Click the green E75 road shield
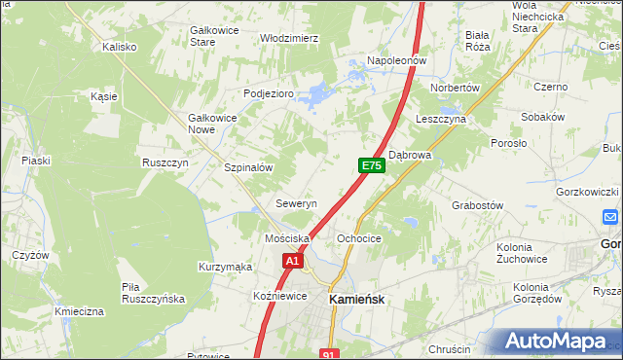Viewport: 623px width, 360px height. point(371,165)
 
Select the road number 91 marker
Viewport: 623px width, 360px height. point(329,354)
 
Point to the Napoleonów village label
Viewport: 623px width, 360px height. point(397,60)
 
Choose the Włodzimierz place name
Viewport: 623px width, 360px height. point(289,38)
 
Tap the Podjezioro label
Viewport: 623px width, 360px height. point(268,93)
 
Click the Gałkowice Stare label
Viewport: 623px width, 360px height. point(215,36)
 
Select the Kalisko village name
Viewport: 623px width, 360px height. point(119,46)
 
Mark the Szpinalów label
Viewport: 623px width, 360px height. point(248,167)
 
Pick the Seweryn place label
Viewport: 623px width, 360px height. point(297,204)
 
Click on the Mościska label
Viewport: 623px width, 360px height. point(287,237)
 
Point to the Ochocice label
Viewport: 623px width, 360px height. point(358,237)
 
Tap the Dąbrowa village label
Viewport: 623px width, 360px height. point(409,154)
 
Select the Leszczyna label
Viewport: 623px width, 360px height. point(440,119)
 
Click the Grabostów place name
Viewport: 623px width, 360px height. point(477,205)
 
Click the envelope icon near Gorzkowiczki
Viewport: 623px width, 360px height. point(610,217)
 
